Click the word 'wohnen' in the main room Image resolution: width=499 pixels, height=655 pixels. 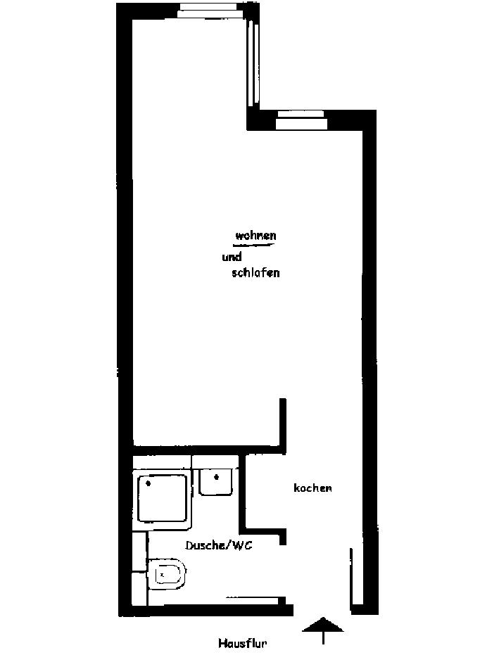point(255,235)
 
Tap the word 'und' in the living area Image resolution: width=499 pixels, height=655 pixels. point(232,257)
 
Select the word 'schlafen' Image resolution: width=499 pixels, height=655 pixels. point(255,273)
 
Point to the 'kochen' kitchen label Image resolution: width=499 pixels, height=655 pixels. point(312,488)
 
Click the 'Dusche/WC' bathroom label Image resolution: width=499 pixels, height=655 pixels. point(218,545)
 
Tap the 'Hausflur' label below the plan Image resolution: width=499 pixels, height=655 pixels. point(242,642)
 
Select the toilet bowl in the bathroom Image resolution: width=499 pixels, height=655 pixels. point(168,575)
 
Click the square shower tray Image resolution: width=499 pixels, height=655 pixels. point(162,498)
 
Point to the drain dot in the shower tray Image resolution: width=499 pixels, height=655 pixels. point(148,483)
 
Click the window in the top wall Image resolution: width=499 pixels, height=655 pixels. point(210,8)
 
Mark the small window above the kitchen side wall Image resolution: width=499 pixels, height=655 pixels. point(301,119)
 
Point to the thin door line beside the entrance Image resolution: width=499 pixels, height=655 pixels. point(350,577)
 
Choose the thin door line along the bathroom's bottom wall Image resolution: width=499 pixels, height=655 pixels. point(253,599)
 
